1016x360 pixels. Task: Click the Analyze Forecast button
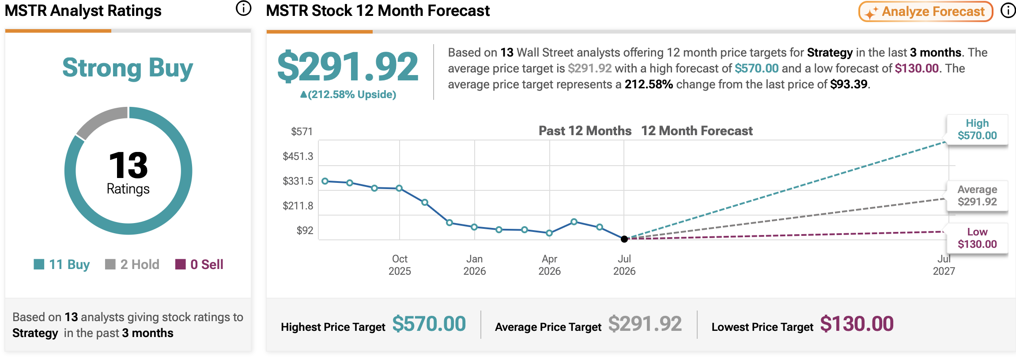click(925, 11)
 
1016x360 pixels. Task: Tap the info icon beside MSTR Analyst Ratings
click(243, 8)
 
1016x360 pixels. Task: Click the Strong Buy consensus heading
click(128, 68)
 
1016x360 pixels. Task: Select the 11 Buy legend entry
click(62, 264)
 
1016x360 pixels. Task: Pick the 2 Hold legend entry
click(132, 264)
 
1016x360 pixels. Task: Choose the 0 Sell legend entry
click(199, 264)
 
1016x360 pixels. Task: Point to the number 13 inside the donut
click(128, 165)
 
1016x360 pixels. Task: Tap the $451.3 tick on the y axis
click(298, 156)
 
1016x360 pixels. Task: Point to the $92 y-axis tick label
click(305, 231)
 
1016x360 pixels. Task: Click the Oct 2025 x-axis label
click(400, 265)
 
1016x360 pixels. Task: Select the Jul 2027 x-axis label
click(944, 265)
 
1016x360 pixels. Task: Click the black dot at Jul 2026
click(624, 239)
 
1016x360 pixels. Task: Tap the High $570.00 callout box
click(977, 129)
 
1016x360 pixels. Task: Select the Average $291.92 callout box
click(977, 196)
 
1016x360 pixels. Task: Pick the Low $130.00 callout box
click(977, 238)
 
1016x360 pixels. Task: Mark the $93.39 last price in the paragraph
click(849, 84)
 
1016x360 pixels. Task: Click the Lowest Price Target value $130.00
click(857, 324)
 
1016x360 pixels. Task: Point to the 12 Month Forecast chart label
click(697, 131)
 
